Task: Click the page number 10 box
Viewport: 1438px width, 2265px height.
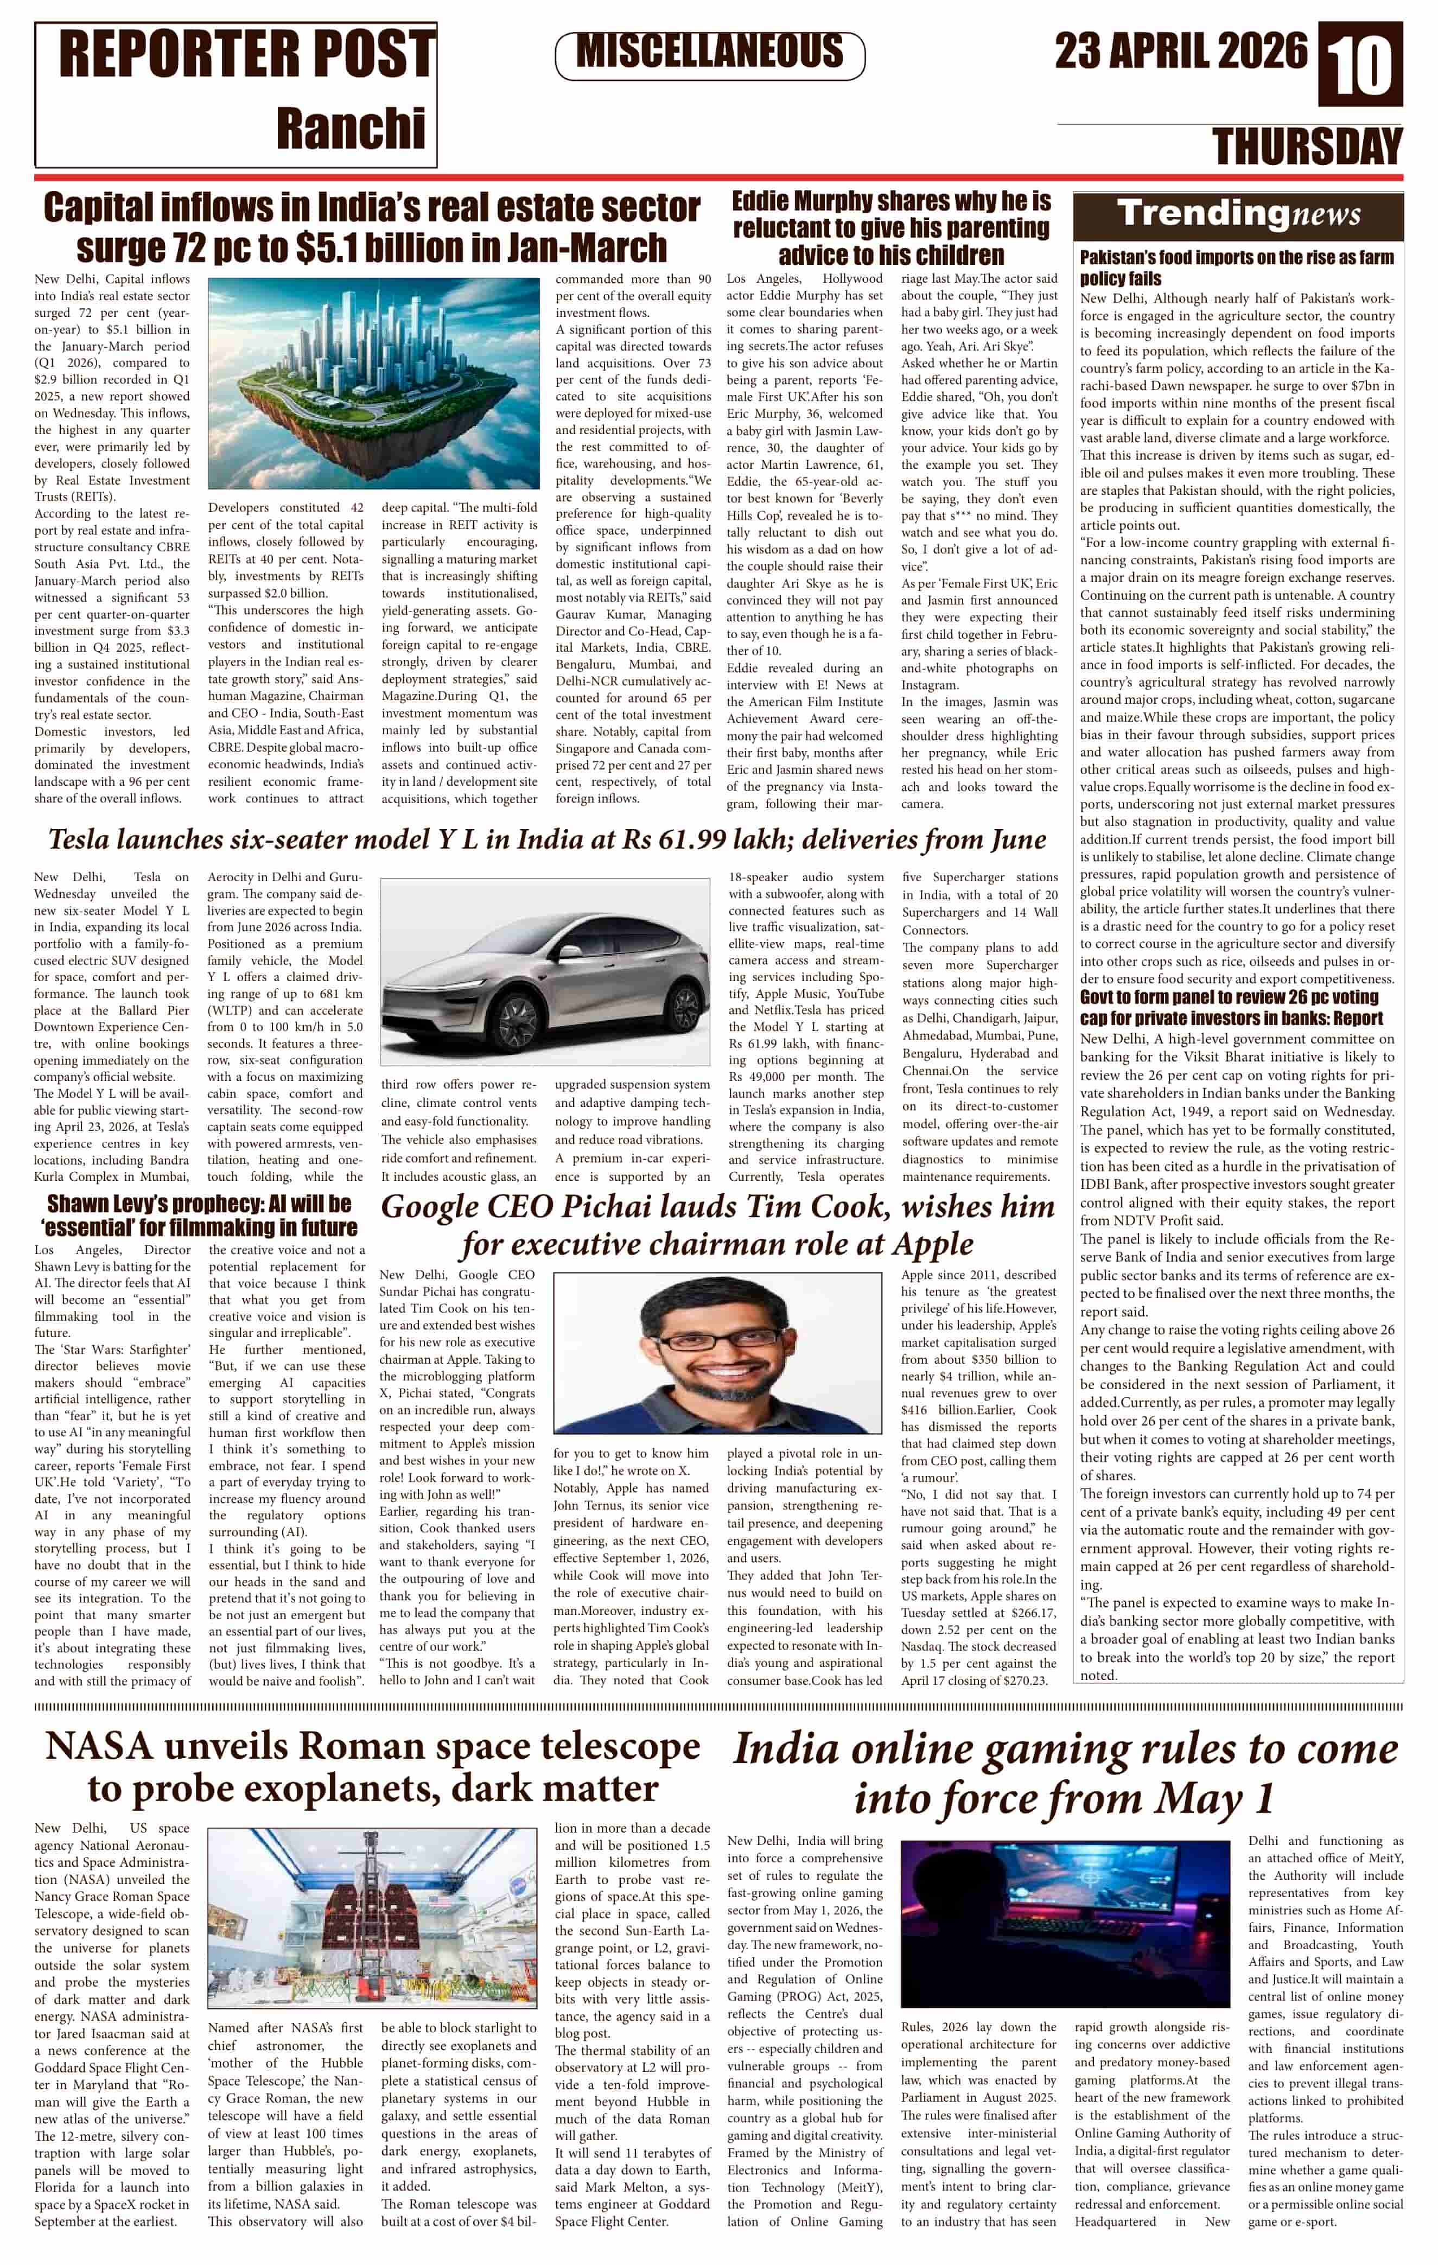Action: tap(1360, 65)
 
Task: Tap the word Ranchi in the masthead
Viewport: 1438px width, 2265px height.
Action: tap(350, 129)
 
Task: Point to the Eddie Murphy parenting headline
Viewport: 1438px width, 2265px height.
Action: tap(890, 227)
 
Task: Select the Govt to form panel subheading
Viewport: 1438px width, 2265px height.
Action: tap(1231, 1007)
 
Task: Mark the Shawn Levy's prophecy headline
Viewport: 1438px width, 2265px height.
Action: tap(199, 1216)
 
